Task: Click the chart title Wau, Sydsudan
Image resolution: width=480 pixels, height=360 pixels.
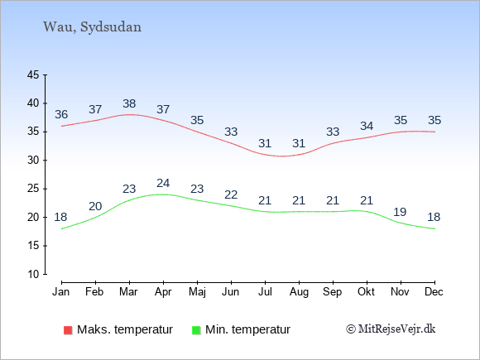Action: point(92,27)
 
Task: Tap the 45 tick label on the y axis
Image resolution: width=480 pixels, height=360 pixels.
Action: point(33,74)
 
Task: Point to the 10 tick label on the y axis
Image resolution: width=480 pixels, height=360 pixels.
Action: point(33,274)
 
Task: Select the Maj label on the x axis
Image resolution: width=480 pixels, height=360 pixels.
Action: point(197,292)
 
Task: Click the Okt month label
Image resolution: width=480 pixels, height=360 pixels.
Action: point(366,292)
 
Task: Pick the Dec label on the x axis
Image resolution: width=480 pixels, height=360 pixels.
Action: point(434,292)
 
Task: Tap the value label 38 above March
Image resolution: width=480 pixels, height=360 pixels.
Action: point(129,103)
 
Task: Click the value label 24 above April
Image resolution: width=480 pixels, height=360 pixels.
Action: point(163,183)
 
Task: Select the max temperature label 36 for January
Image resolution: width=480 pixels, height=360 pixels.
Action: point(61,114)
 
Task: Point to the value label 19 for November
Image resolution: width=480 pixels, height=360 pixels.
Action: point(400,212)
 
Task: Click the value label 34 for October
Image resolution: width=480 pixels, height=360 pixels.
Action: point(367,126)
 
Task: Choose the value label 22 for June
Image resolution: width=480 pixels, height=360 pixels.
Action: point(231,194)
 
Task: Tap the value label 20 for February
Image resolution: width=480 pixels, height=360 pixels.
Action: point(95,206)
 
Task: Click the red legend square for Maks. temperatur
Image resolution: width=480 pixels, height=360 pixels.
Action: point(68,330)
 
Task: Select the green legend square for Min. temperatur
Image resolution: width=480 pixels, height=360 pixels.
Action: point(196,330)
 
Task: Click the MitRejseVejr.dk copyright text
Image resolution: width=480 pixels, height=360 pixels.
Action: point(391,329)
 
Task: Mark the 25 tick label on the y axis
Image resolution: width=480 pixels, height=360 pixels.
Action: point(33,189)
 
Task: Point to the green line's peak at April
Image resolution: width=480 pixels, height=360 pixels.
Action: point(162,194)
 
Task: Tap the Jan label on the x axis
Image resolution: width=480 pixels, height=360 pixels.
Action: point(61,292)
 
